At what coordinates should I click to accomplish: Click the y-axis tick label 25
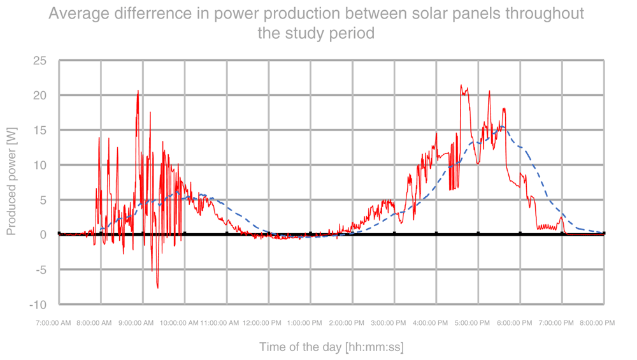coord(40,61)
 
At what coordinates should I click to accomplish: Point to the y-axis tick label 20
coord(40,96)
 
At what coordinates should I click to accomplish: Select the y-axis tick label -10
coord(38,305)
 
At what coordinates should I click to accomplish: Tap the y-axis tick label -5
coord(40,270)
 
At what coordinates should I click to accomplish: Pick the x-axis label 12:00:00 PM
coord(262,323)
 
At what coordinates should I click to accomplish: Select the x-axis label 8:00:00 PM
coord(596,323)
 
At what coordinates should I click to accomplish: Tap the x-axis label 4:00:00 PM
coord(429,323)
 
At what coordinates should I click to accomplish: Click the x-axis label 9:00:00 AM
coord(136,323)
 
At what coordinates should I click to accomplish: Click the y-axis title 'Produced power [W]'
coord(11,181)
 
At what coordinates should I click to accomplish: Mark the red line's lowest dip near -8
coord(157,287)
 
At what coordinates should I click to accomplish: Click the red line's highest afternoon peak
coord(461,85)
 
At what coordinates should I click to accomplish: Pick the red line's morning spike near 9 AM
coord(138,91)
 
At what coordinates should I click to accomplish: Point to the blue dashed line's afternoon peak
coord(501,126)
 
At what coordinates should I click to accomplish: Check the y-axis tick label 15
coord(40,130)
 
